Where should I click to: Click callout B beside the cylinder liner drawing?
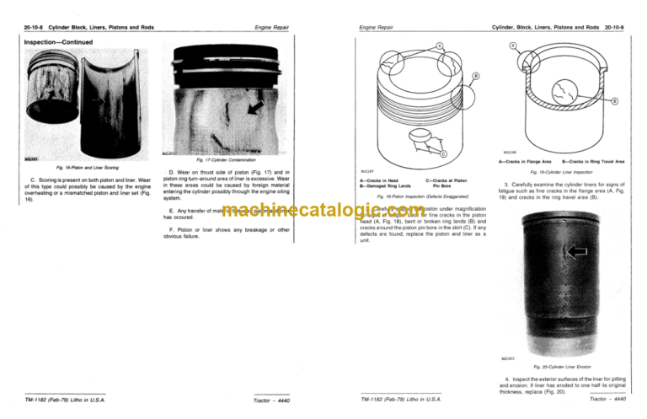(x=612, y=103)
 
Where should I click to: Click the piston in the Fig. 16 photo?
(x=46, y=105)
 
